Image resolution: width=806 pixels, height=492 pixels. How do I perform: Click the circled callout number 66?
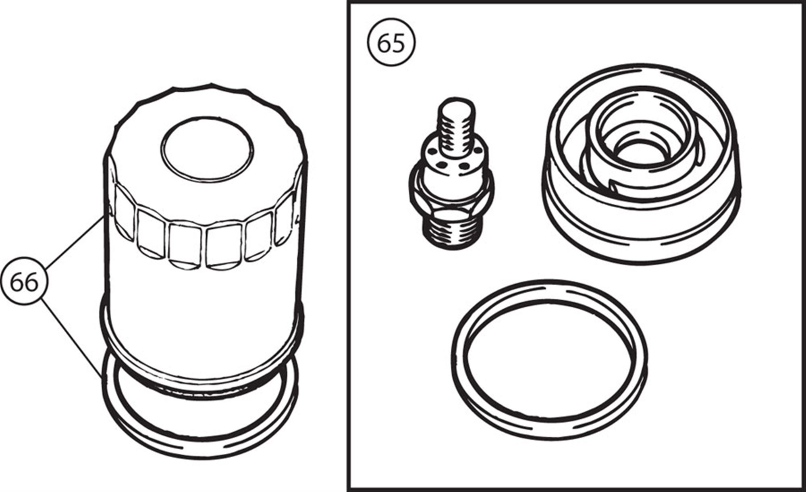[x=24, y=282]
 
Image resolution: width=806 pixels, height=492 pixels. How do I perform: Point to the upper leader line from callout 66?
[x=75, y=242]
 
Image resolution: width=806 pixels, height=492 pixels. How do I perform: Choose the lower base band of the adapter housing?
[x=641, y=234]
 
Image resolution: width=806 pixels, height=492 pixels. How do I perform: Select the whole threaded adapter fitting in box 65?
[x=449, y=177]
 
